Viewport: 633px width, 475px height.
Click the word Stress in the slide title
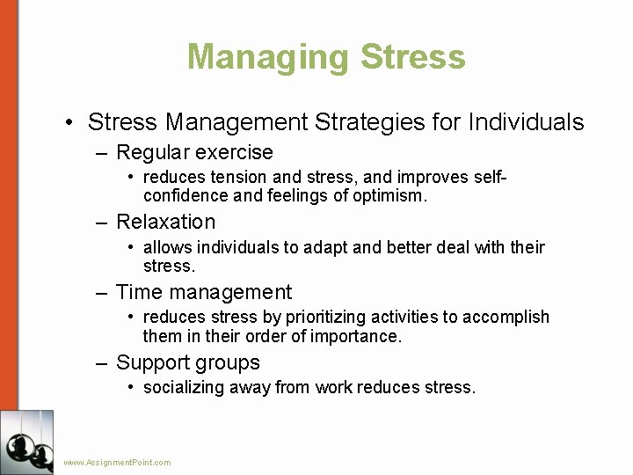[x=412, y=57]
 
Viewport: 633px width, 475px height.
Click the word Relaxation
[x=165, y=222]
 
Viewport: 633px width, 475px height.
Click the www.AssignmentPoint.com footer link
[x=118, y=462]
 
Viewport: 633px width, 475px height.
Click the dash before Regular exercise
[x=102, y=153]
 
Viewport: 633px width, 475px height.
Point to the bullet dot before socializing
[x=130, y=387]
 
